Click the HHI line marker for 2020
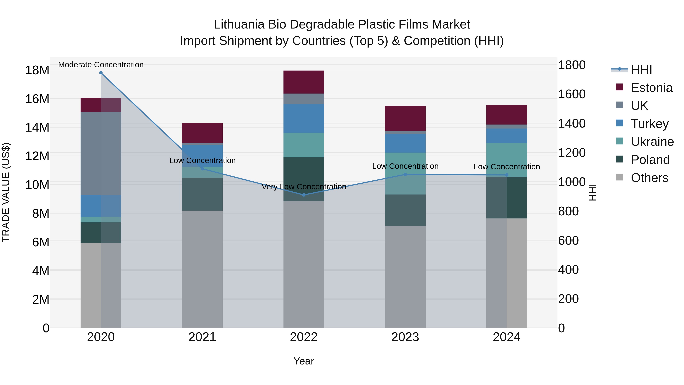pos(101,73)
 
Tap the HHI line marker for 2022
pos(304,195)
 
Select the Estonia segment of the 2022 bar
pos(304,82)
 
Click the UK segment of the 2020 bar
pos(101,154)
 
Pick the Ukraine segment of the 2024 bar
pos(507,160)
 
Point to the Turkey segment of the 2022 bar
pos(304,118)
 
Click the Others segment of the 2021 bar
pos(202,269)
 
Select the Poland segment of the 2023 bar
pos(405,210)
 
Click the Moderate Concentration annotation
pos(101,65)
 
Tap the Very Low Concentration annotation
pos(304,187)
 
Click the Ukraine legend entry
pos(652,142)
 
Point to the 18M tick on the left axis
pos(37,70)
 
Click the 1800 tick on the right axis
pos(572,65)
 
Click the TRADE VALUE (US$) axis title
pos(6,192)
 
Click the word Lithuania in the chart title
pos(239,25)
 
